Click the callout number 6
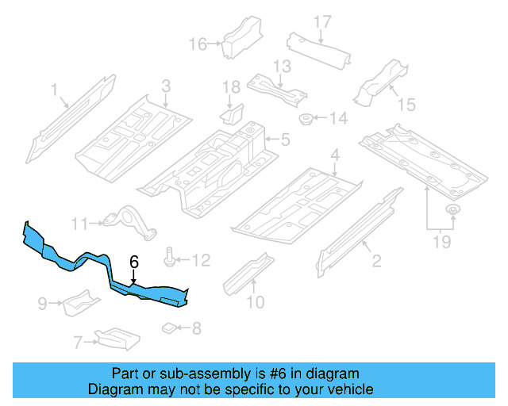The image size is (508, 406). [134, 261]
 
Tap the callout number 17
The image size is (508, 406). [321, 21]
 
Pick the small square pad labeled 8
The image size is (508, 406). [168, 327]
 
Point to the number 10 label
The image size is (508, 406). [255, 301]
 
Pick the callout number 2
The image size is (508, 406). [376, 259]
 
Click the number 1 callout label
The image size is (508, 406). [55, 91]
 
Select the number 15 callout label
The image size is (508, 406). [406, 104]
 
